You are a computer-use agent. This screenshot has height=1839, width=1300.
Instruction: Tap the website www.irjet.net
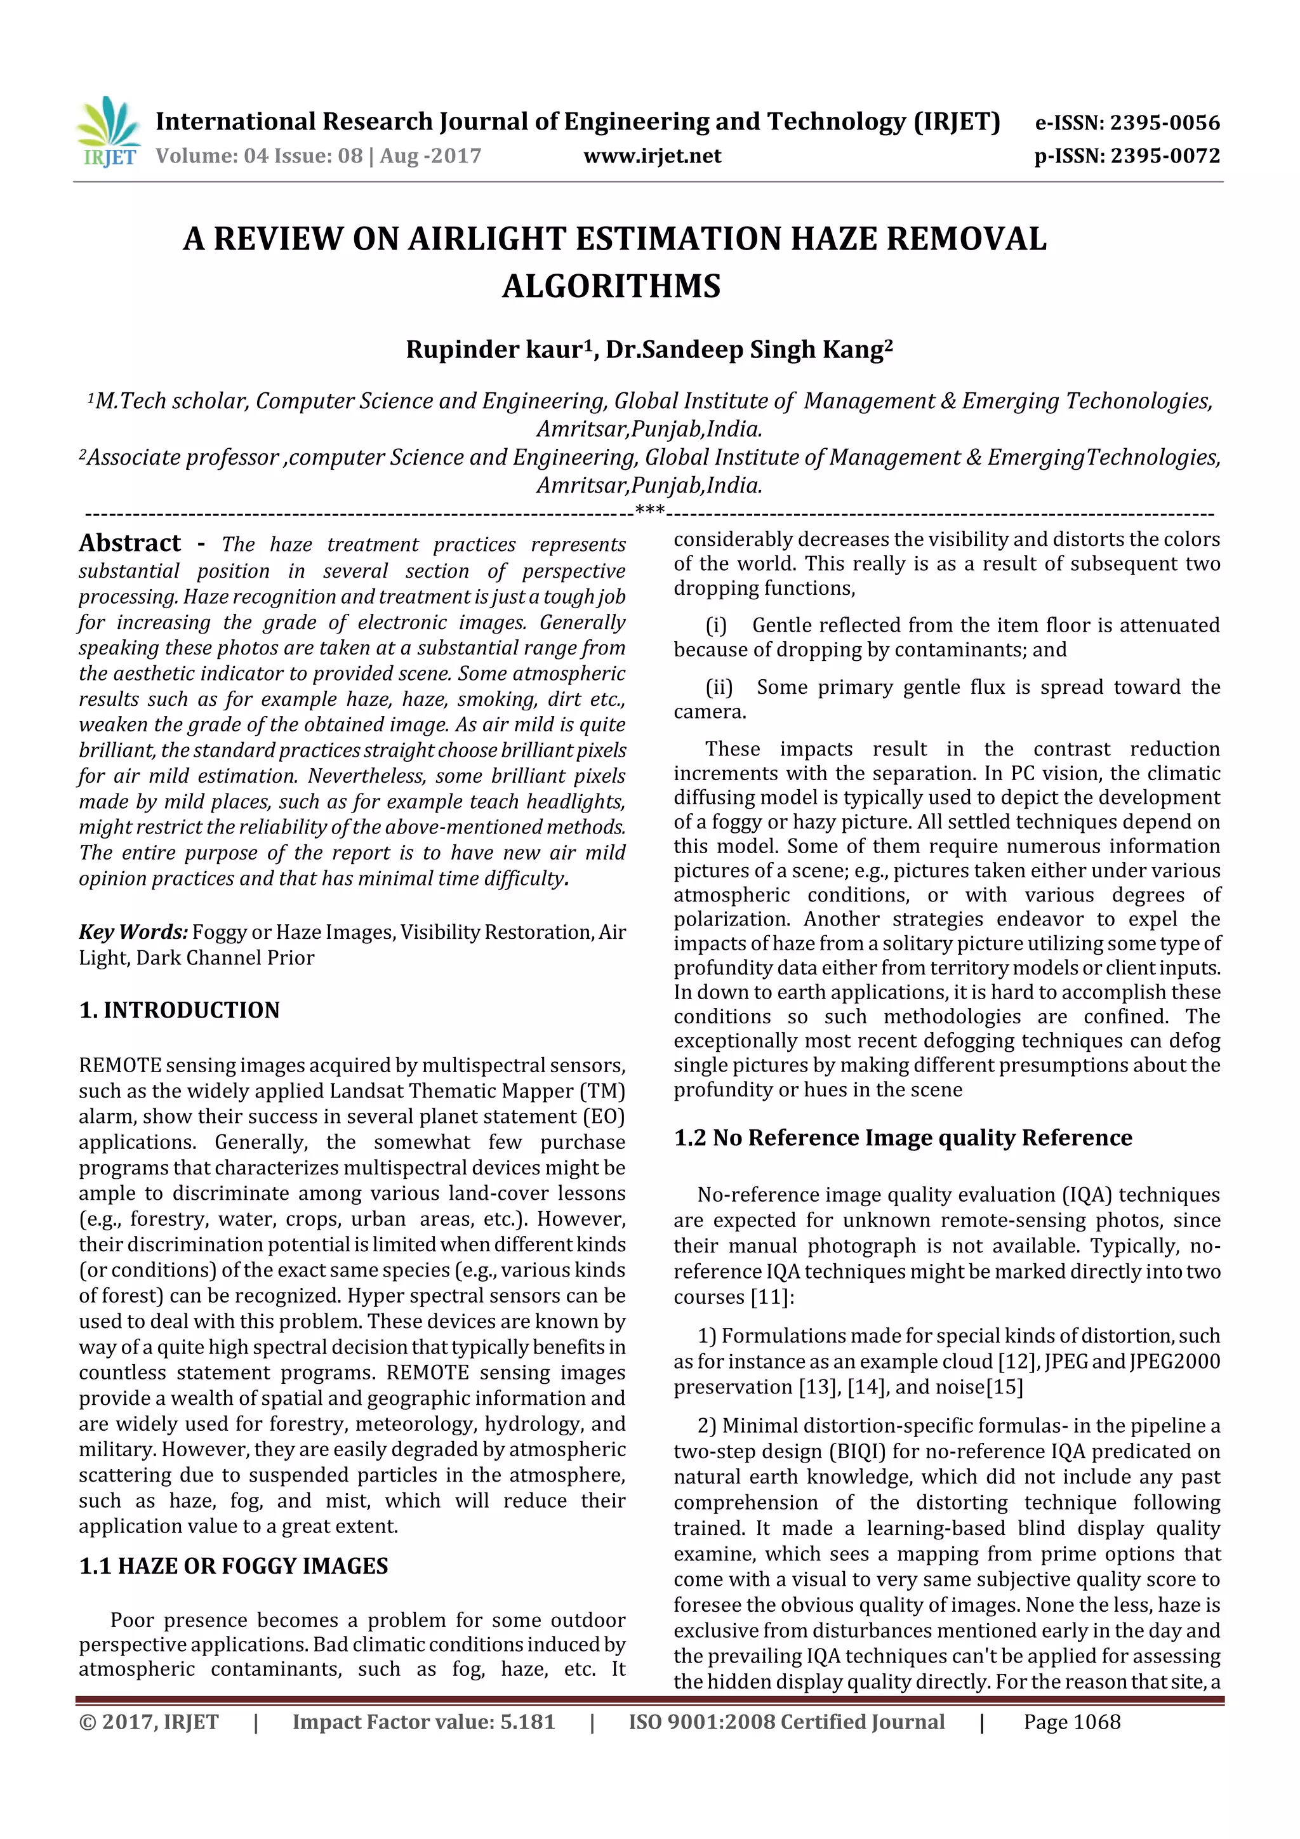coord(652,156)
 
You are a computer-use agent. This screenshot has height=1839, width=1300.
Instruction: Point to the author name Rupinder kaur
coord(496,350)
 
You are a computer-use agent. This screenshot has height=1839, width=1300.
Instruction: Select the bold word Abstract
coord(129,544)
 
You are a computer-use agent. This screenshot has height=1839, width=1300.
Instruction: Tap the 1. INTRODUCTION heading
coord(180,1010)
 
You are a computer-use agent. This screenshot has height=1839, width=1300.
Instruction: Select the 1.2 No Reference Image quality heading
coord(903,1138)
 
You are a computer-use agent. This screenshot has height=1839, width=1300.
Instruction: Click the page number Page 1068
coord(1071,1722)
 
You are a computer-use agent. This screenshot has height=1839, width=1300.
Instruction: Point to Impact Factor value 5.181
coord(423,1722)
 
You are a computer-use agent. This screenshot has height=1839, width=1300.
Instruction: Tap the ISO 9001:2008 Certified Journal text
coord(786,1722)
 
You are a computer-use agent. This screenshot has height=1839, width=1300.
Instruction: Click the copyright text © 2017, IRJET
coord(149,1722)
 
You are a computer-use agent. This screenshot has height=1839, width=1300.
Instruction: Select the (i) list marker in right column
coord(715,625)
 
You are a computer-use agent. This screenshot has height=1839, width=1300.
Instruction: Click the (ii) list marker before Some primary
coord(719,687)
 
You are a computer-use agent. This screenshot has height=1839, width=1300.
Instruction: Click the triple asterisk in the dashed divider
coord(649,510)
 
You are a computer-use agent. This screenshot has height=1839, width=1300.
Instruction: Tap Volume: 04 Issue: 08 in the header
coord(259,156)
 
